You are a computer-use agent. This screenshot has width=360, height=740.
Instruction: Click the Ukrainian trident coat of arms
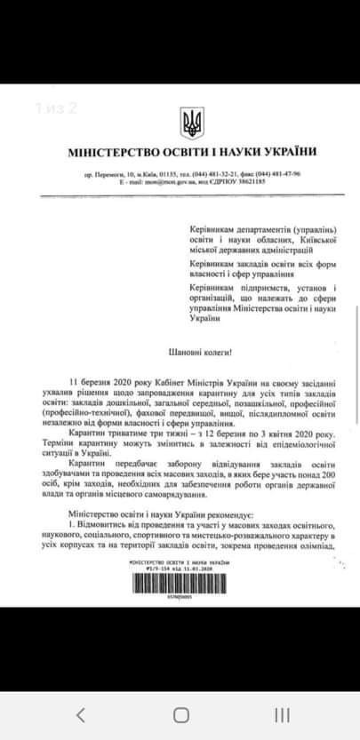coord(190,123)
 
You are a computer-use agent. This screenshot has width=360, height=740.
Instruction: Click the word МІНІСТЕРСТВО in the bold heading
coord(109,152)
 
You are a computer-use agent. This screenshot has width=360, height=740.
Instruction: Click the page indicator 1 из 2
coord(57,108)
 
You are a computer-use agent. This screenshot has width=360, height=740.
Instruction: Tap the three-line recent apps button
coord(282,715)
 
